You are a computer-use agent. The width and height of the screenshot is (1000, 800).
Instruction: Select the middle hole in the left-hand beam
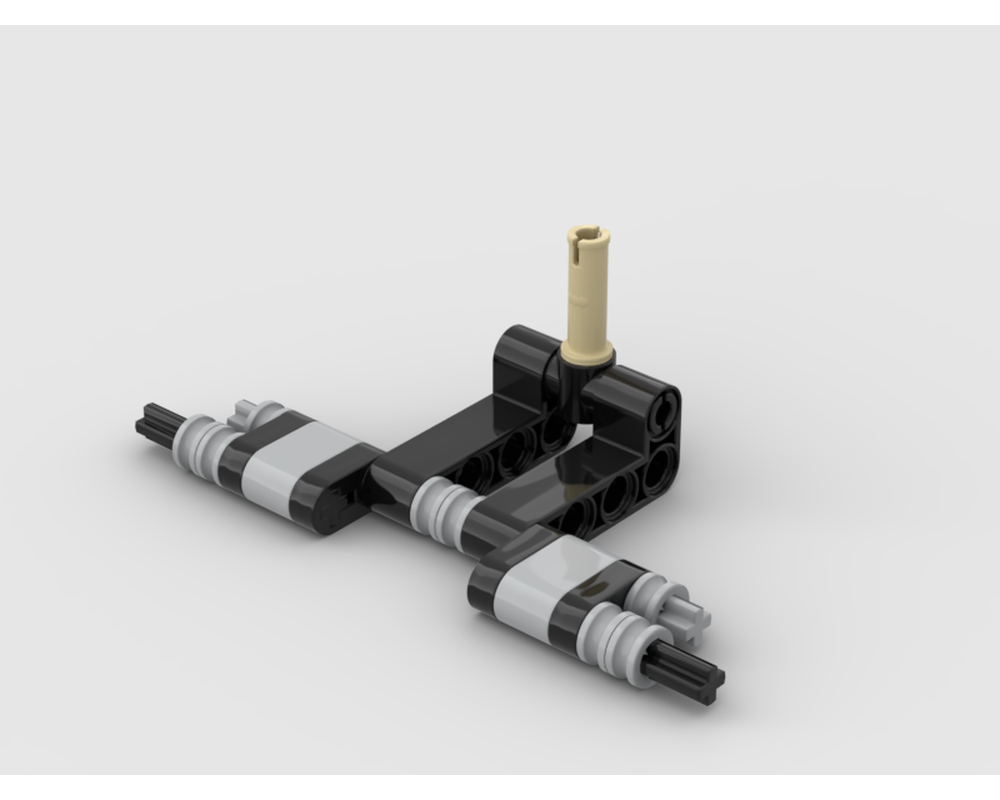tap(512, 452)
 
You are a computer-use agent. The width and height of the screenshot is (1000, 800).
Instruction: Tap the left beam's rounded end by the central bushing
tap(386, 479)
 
